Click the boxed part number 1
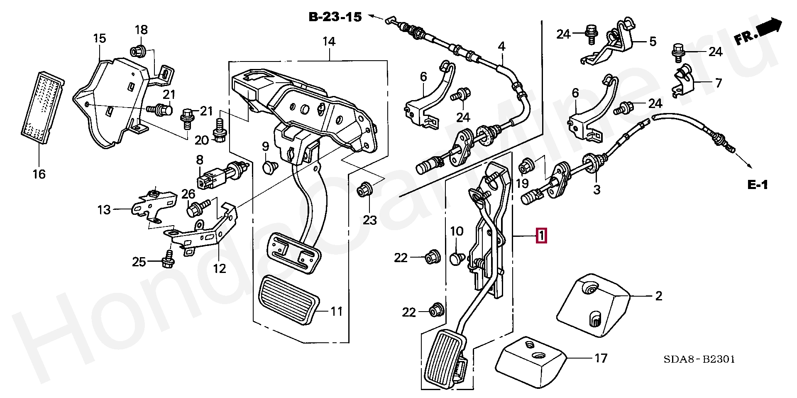click(x=542, y=236)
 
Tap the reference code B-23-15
click(x=335, y=17)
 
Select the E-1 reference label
click(x=758, y=185)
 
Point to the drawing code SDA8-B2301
click(x=699, y=359)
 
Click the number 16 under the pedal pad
click(x=39, y=174)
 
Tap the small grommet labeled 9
click(x=270, y=167)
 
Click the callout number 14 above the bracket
click(x=329, y=41)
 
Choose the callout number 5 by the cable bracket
click(x=653, y=41)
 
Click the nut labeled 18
click(x=137, y=51)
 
